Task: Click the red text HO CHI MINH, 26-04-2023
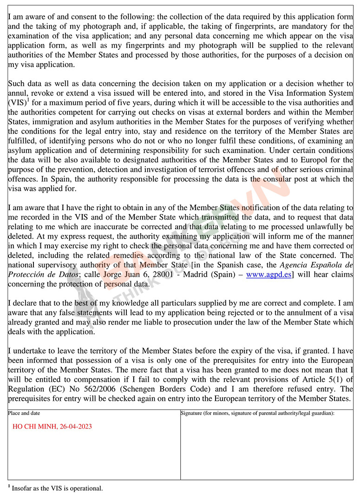(x=52, y=427)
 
